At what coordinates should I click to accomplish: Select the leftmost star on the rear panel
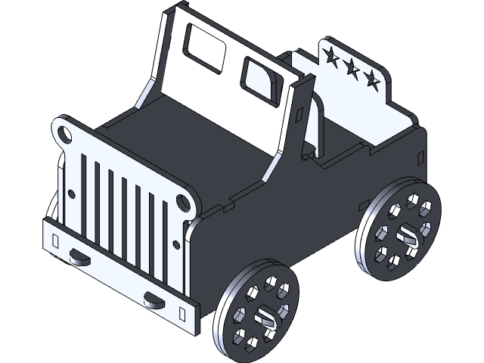point(331,55)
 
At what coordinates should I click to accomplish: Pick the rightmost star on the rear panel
point(371,79)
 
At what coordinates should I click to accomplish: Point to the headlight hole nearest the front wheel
point(182,202)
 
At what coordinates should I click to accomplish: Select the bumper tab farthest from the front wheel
point(78,257)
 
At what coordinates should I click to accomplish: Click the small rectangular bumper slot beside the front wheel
point(182,311)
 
